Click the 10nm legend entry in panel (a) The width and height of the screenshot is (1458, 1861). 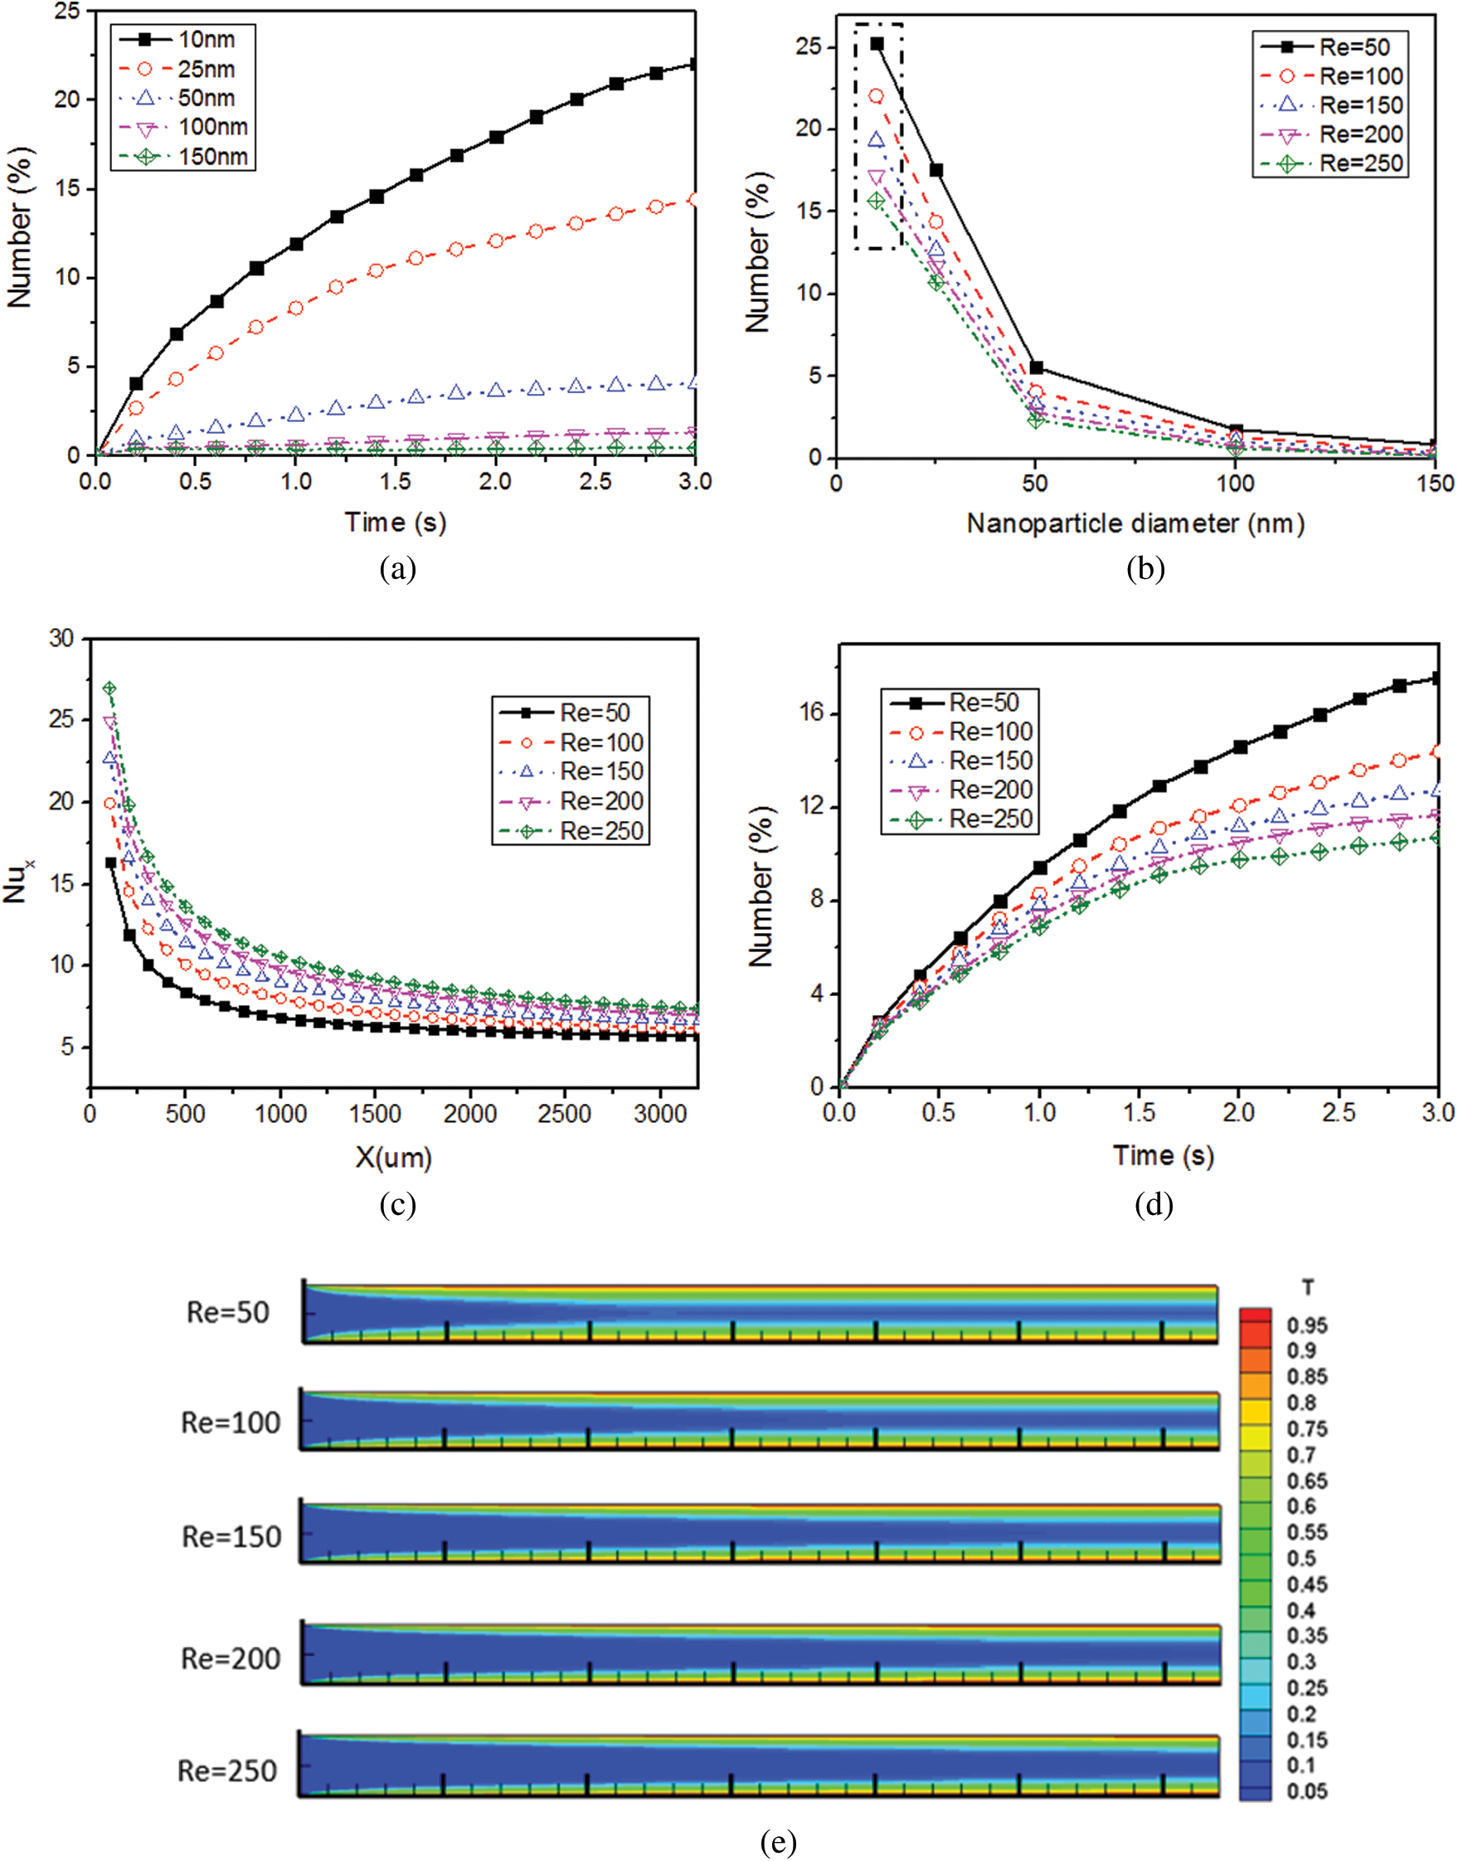tap(205, 39)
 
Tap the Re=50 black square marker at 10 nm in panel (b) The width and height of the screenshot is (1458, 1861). tap(877, 43)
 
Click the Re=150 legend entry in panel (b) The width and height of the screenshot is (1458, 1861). tap(1361, 106)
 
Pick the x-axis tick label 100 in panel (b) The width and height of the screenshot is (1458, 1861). tap(1235, 484)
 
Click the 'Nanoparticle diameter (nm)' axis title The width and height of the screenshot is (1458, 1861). tap(1135, 523)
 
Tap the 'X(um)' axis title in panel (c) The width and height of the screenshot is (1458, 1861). tap(393, 1158)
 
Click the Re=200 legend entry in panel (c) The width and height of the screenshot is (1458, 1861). tap(601, 802)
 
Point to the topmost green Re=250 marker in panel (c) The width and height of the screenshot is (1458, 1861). tap(109, 689)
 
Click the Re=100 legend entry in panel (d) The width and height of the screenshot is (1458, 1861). tap(990, 732)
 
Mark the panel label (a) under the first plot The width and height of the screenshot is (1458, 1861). tap(398, 569)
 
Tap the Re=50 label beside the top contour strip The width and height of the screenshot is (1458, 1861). tap(228, 1313)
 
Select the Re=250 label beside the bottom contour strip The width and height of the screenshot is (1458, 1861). tap(227, 1771)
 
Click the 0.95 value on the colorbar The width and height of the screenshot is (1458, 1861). tap(1307, 1326)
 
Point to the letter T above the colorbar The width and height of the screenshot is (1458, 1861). tap(1308, 1287)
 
